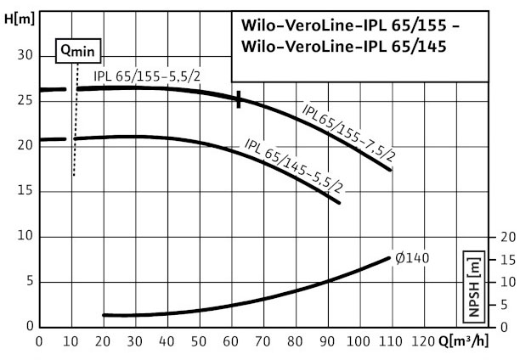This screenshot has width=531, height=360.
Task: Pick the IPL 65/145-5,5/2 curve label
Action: pos(292,164)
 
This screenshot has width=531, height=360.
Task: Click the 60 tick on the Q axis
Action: pos(231,344)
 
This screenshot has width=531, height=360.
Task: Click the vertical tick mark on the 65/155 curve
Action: pos(240,99)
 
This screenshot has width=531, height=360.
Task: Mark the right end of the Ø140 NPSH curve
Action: pos(390,257)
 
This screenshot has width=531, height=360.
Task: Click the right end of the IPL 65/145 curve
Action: pos(339,202)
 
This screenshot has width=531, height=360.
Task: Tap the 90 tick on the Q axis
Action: pos(326,344)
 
